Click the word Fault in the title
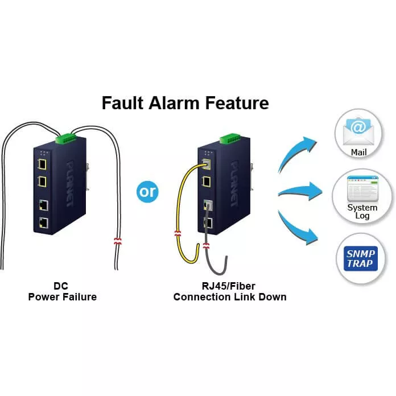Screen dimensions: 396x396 pyautogui.click(x=121, y=103)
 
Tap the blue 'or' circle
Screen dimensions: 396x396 pyautogui.click(x=147, y=192)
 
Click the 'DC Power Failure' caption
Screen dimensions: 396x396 pyautogui.click(x=62, y=292)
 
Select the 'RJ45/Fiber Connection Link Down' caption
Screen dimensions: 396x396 pyautogui.click(x=229, y=292)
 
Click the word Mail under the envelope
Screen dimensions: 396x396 pyautogui.click(x=358, y=152)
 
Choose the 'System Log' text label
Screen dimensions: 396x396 pyautogui.click(x=362, y=212)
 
